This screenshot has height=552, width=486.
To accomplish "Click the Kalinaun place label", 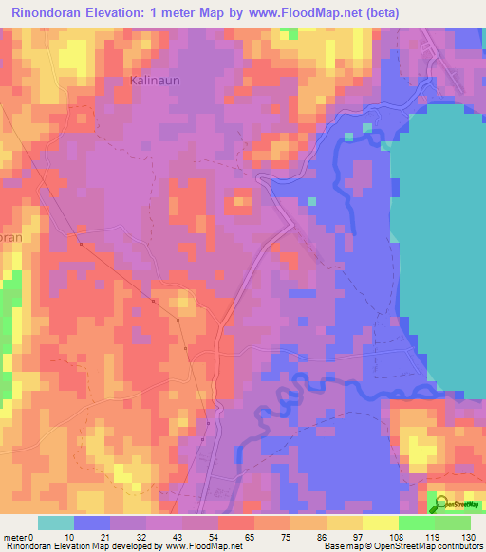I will tap(154, 82).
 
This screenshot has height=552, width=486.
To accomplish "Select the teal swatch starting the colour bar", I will tap(56, 523).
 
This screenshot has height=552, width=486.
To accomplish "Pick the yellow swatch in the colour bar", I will tap(381, 523).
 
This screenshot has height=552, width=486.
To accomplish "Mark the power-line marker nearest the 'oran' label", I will tap(82, 244).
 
